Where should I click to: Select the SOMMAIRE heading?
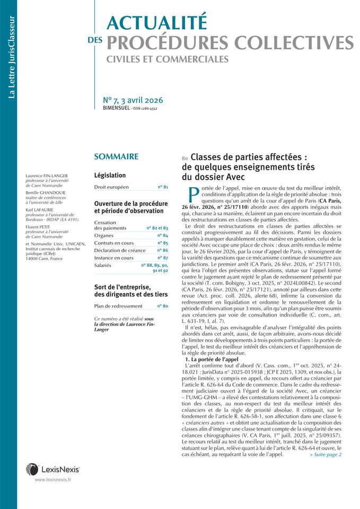coord(116,157)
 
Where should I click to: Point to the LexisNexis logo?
coord(53,469)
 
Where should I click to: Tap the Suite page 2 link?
coord(325,440)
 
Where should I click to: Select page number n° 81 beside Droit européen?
coord(163,187)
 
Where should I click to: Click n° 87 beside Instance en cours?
coord(163,258)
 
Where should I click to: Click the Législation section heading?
coord(110,175)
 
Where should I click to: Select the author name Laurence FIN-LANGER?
coord(47,175)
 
